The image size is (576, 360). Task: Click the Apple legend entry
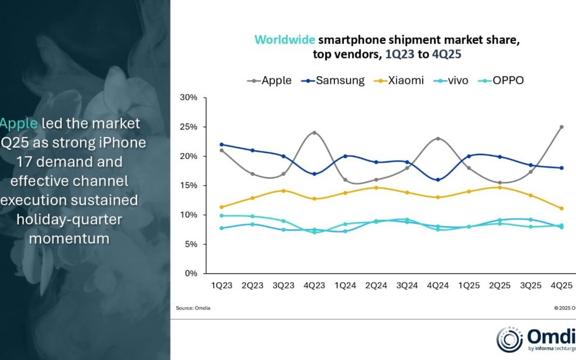tap(269, 81)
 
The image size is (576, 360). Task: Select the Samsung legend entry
tap(333, 81)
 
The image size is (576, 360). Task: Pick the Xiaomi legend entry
tap(399, 81)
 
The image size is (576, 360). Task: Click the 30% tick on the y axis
tap(189, 98)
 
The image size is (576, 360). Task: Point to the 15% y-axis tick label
tap(189, 186)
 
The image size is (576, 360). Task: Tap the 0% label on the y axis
tap(191, 274)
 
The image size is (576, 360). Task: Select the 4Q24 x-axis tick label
tap(438, 286)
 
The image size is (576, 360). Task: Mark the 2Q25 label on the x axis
tap(507, 286)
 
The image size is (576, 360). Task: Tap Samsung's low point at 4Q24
tap(438, 180)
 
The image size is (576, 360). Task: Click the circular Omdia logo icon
tap(509, 340)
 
